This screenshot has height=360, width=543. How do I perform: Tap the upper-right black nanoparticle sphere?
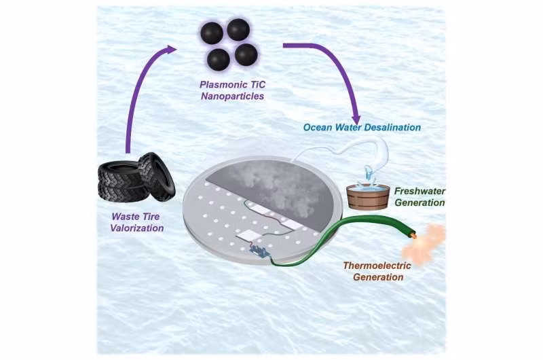(238, 29)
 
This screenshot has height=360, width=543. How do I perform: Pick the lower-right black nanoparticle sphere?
(246, 54)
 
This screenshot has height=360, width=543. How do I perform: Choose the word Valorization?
(138, 228)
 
